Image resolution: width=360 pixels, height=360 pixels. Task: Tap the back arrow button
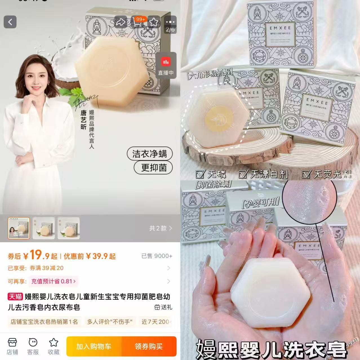(10, 22)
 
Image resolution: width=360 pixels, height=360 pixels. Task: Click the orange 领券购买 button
(149, 346)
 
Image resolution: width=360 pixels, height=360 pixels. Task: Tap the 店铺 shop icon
(12, 346)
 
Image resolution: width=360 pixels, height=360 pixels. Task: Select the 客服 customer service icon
(33, 346)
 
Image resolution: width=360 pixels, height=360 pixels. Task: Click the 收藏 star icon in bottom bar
(54, 346)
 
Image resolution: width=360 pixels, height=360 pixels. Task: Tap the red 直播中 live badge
(166, 65)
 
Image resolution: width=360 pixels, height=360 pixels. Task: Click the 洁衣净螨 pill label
(150, 154)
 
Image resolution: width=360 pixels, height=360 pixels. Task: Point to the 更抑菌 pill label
(154, 168)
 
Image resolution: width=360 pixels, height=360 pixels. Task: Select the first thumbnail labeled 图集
(19, 228)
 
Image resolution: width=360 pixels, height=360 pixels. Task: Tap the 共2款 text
(160, 228)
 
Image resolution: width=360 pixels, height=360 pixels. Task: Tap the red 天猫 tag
(15, 296)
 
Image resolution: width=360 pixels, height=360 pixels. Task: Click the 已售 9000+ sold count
(157, 256)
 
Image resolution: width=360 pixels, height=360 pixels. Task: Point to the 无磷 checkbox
(200, 174)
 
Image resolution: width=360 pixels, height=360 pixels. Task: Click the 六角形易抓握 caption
(210, 74)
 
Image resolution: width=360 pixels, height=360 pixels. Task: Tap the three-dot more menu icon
(170, 22)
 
